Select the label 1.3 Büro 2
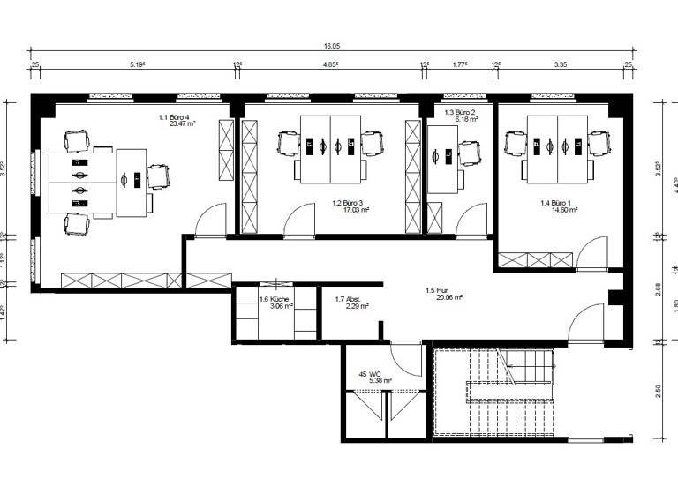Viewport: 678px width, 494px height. coord(460,112)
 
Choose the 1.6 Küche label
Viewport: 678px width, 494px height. coord(275,299)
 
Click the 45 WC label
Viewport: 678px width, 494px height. coord(369,374)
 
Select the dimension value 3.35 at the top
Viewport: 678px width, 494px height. coord(561,64)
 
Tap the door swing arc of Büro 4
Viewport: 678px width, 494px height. coord(209,220)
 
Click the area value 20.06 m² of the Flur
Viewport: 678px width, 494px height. coord(445,298)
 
